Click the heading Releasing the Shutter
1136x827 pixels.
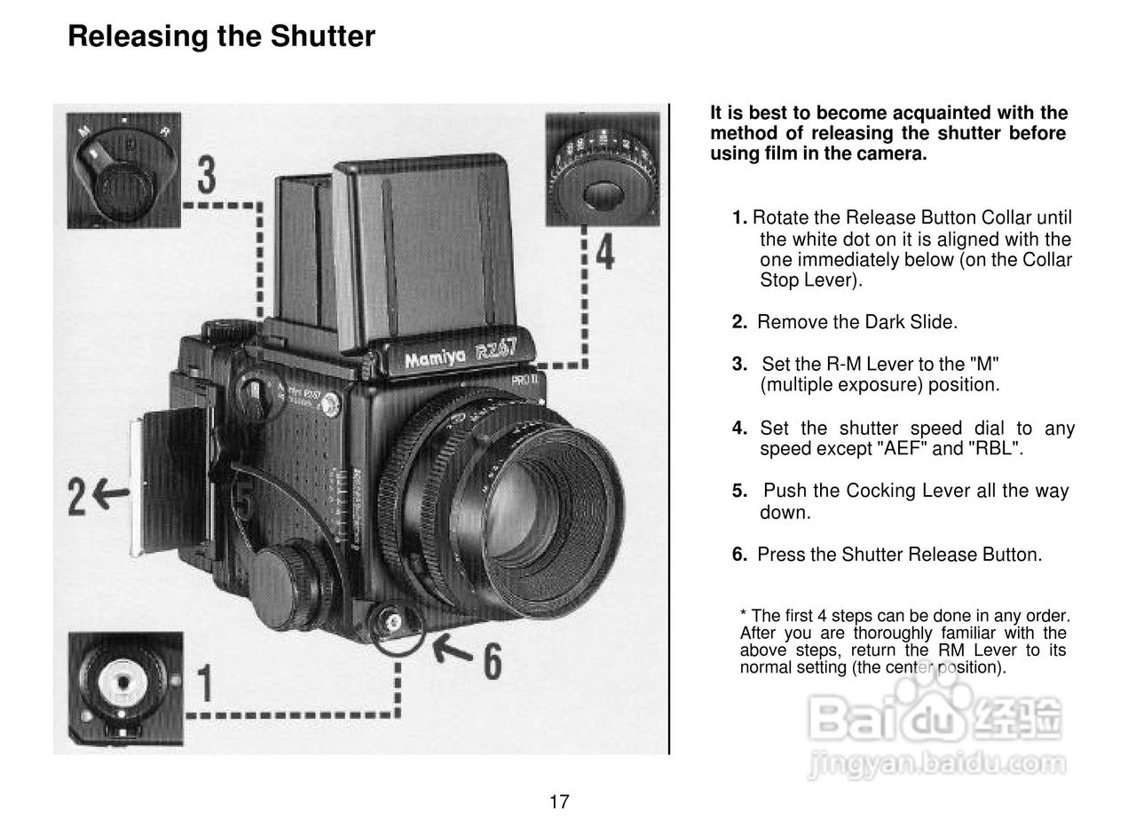[x=221, y=36]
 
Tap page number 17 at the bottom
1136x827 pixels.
[x=559, y=802]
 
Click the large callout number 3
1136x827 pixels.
[x=206, y=176]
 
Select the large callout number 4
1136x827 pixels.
[x=604, y=251]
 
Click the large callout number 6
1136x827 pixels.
[x=492, y=661]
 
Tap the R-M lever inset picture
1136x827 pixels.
[x=123, y=170]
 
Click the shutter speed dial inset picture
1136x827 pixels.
[x=603, y=169]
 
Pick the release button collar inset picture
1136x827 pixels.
[x=125, y=688]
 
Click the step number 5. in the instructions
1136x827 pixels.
[x=740, y=492]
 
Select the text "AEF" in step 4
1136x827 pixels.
[x=903, y=449]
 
